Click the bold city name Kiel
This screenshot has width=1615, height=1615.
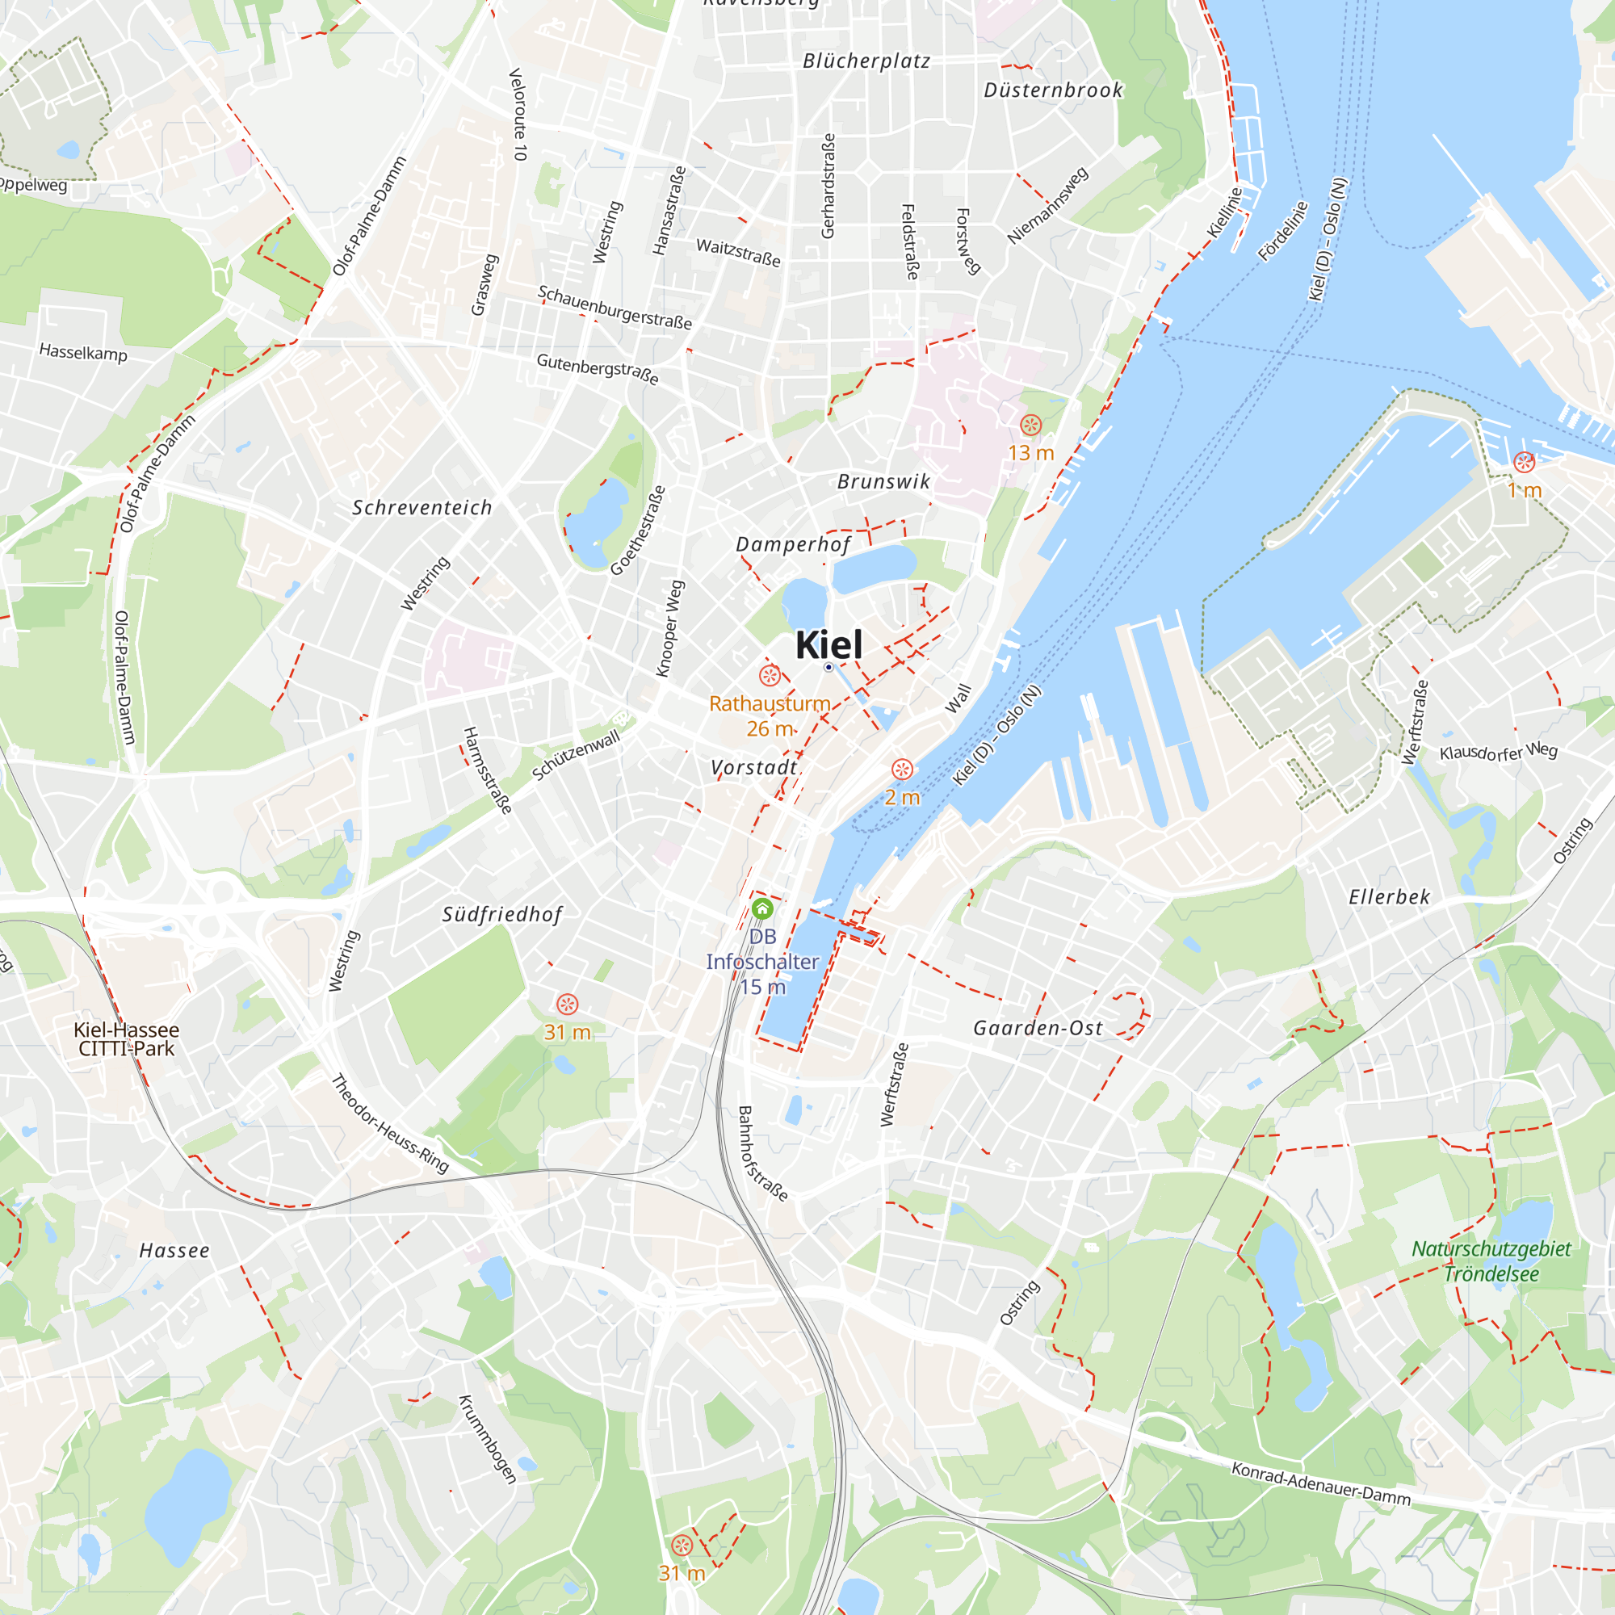[828, 644]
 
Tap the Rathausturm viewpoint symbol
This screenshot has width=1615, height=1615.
[769, 675]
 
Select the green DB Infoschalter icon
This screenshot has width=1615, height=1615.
[762, 908]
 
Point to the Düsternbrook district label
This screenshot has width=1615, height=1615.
[1052, 90]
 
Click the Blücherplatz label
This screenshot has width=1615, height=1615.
[866, 61]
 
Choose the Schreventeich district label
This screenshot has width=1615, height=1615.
[422, 507]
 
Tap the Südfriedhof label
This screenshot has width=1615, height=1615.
[502, 915]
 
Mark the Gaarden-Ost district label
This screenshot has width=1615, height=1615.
[1038, 1028]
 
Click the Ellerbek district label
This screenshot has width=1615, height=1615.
[1389, 897]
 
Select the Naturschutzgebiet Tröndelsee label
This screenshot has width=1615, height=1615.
[1491, 1261]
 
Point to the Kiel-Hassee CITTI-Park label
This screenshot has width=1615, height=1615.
[126, 1039]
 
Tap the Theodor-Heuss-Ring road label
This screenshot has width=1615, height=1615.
[389, 1124]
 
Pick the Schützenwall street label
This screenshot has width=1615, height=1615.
[576, 755]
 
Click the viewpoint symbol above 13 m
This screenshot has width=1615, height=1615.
[1030, 425]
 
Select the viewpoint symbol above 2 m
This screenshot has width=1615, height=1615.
[902, 769]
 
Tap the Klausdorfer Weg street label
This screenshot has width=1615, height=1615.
[1498, 752]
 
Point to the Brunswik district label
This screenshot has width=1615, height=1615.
[883, 481]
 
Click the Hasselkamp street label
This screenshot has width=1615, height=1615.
[84, 352]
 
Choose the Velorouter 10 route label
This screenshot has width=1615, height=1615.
[518, 115]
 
